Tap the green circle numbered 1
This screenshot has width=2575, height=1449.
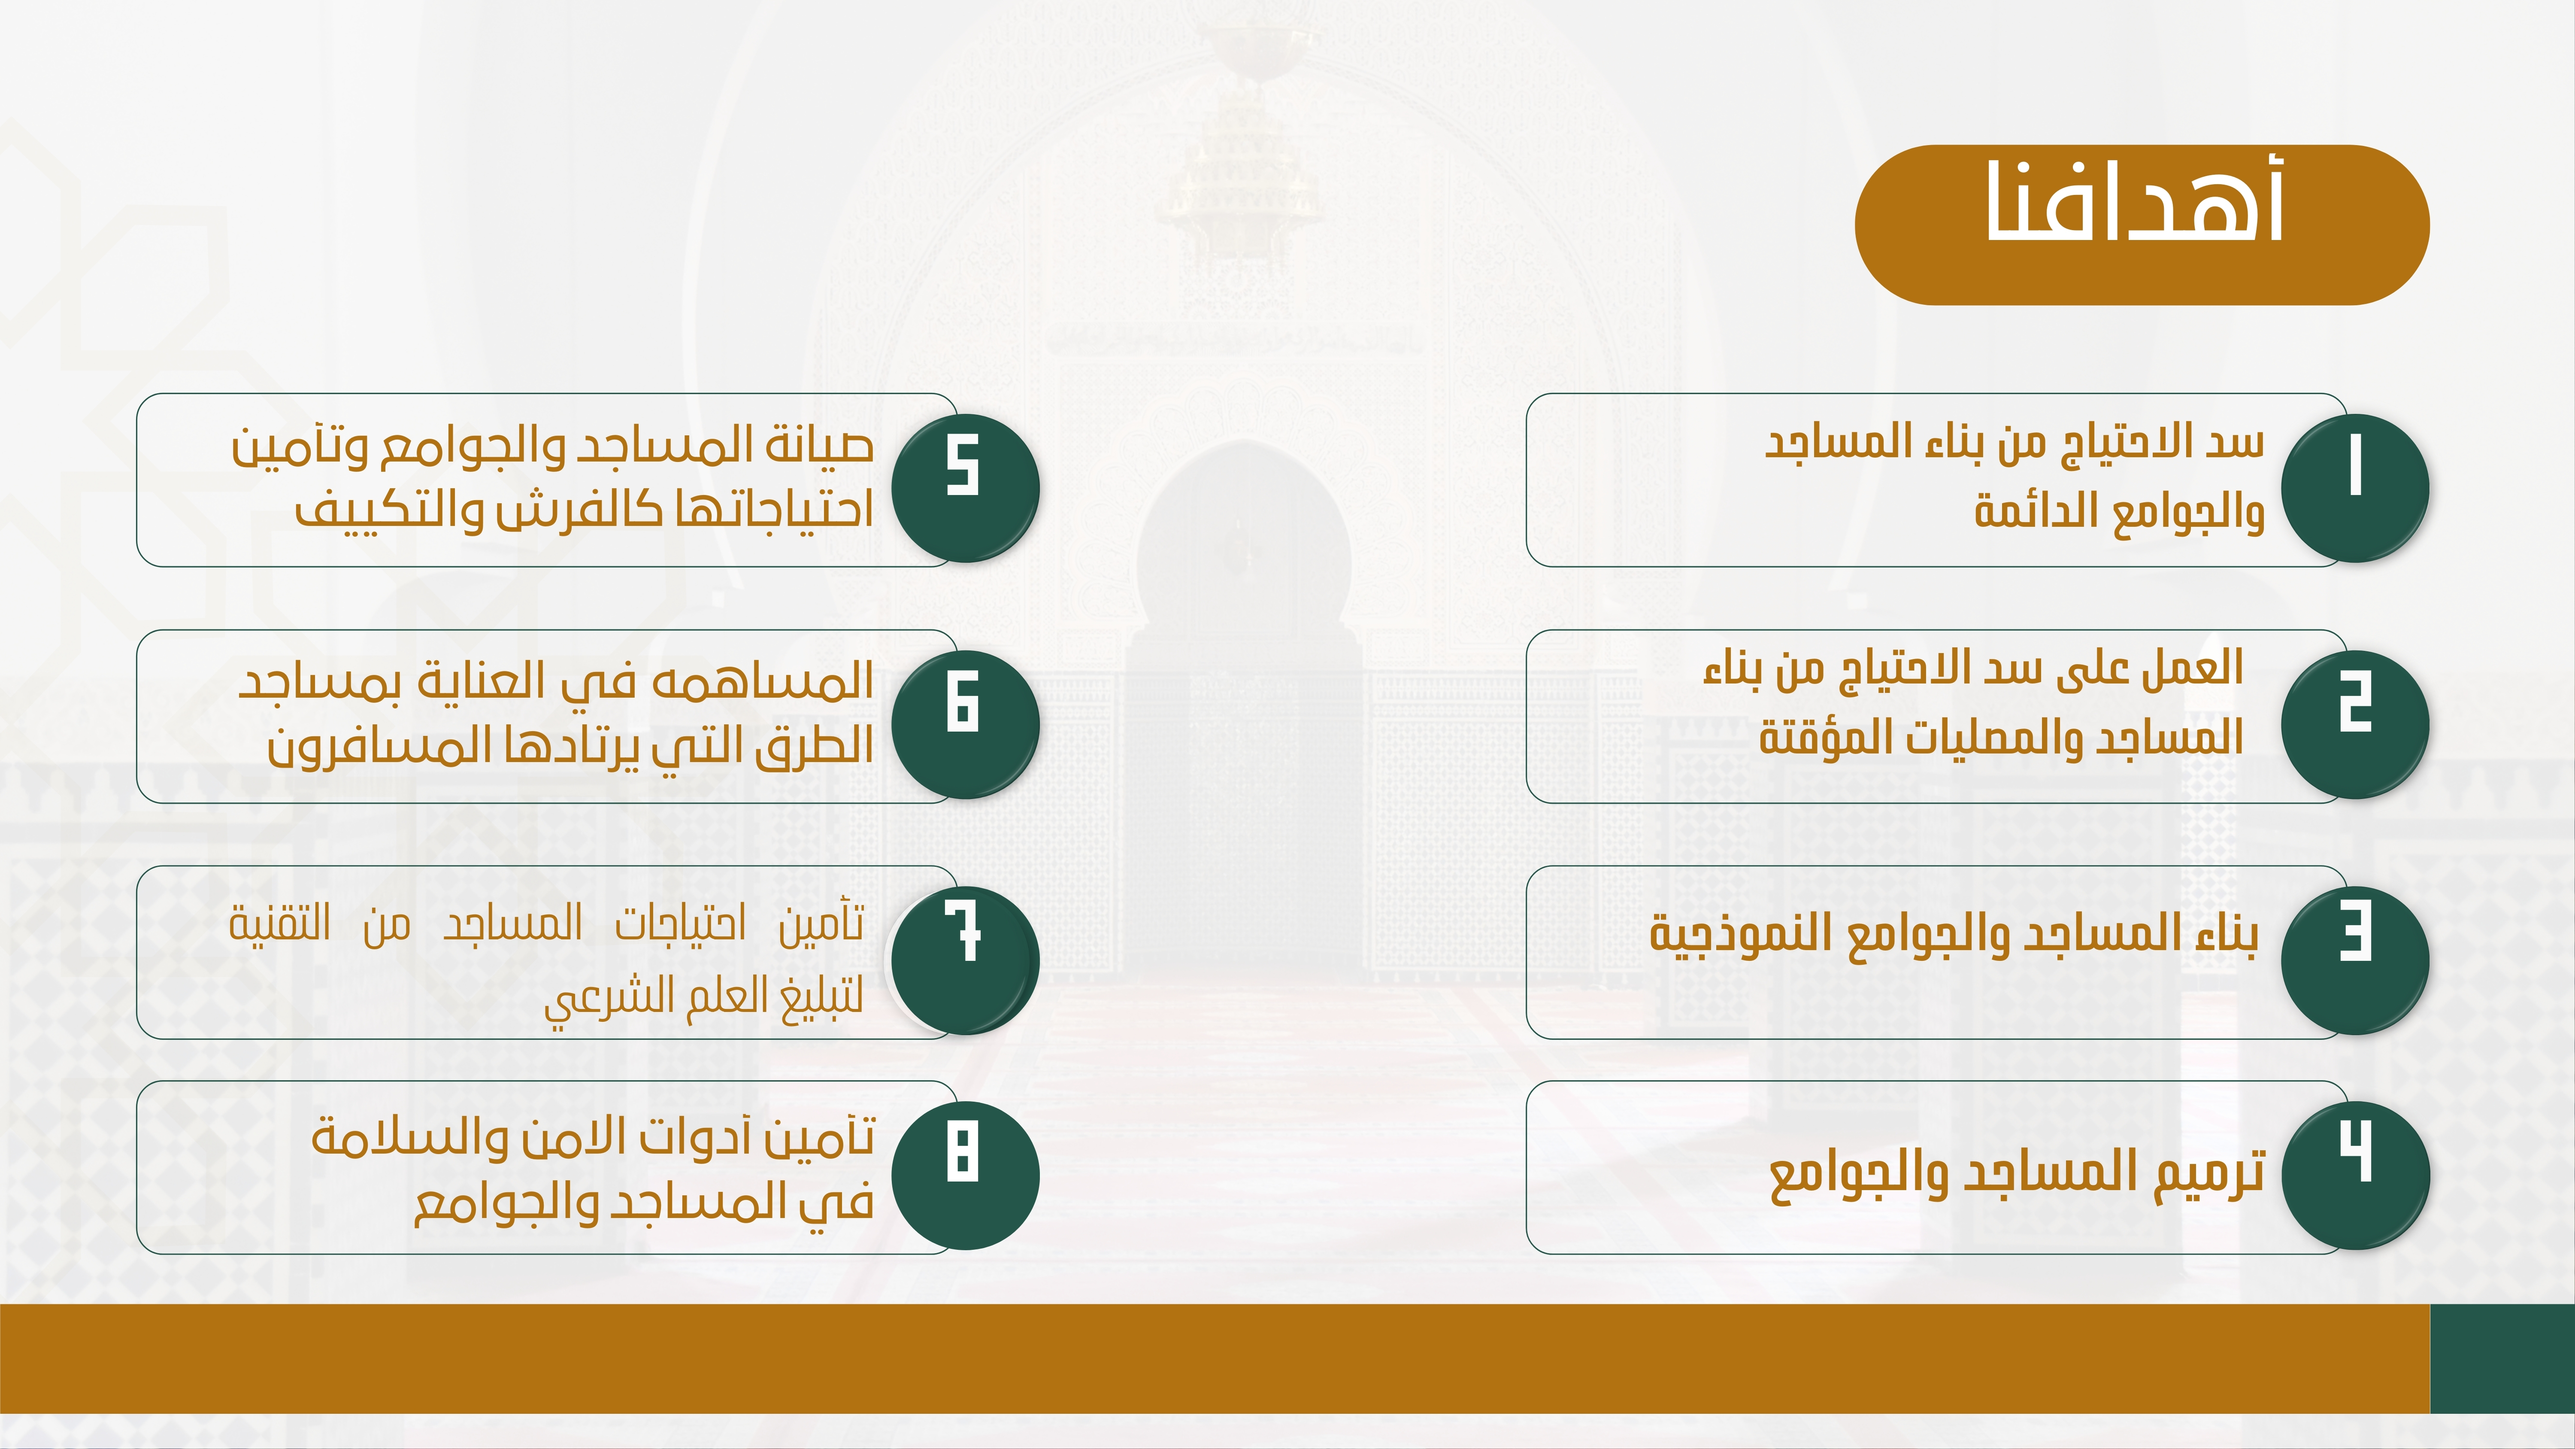[2355, 488]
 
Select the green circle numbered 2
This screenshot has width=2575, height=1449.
[2355, 724]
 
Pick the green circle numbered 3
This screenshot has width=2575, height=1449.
[2355, 960]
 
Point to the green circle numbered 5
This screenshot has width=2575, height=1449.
[966, 488]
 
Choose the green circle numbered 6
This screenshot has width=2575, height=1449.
[966, 724]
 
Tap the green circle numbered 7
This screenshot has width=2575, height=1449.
[966, 960]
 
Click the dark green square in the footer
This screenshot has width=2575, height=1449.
[2502, 1358]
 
